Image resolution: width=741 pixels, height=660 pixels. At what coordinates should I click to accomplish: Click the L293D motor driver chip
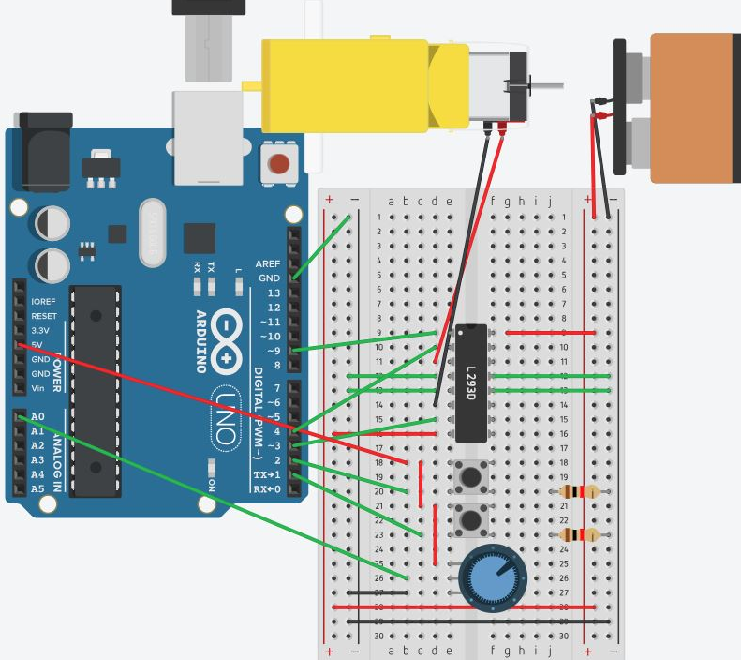point(471,382)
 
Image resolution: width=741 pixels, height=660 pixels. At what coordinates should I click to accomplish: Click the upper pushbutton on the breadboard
point(470,477)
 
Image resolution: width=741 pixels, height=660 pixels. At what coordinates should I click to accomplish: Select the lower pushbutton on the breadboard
point(470,518)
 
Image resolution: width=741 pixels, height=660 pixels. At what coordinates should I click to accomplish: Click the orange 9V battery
point(694,107)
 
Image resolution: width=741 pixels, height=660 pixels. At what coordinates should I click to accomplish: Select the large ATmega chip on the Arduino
point(96,389)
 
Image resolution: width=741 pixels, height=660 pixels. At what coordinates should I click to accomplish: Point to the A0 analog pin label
point(37,416)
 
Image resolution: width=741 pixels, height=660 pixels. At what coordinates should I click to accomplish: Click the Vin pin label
point(38,388)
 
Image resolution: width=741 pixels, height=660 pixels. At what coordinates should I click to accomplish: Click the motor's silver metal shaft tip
point(560,85)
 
